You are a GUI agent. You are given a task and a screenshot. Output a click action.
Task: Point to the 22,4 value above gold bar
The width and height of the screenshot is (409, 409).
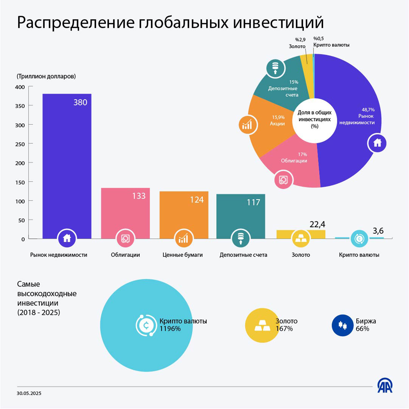(317, 224)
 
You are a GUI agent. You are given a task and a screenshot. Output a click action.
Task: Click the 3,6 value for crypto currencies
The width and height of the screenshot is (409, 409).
(378, 231)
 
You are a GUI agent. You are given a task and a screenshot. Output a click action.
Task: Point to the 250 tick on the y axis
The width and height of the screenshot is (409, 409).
(20, 144)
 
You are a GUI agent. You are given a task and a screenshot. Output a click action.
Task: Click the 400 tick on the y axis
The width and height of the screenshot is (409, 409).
(20, 87)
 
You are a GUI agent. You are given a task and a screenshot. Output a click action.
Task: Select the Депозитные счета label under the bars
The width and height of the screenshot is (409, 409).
(243, 255)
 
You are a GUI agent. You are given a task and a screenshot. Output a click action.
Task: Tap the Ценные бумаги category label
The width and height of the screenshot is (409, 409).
(183, 255)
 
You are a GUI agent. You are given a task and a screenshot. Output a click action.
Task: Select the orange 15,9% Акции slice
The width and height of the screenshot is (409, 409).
(269, 126)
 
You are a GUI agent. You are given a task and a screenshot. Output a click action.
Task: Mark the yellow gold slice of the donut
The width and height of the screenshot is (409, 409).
(306, 60)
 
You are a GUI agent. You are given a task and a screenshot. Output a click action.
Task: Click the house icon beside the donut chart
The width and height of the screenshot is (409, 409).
(377, 143)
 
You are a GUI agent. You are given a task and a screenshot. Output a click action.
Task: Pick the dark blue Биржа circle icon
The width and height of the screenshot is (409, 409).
(342, 325)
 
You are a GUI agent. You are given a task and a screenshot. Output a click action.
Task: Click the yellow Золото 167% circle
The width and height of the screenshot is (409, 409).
(262, 325)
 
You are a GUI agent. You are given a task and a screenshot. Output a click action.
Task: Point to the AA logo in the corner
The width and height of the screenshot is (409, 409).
(385, 385)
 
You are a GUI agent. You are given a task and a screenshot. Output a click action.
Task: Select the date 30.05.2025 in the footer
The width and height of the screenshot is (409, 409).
(29, 393)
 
